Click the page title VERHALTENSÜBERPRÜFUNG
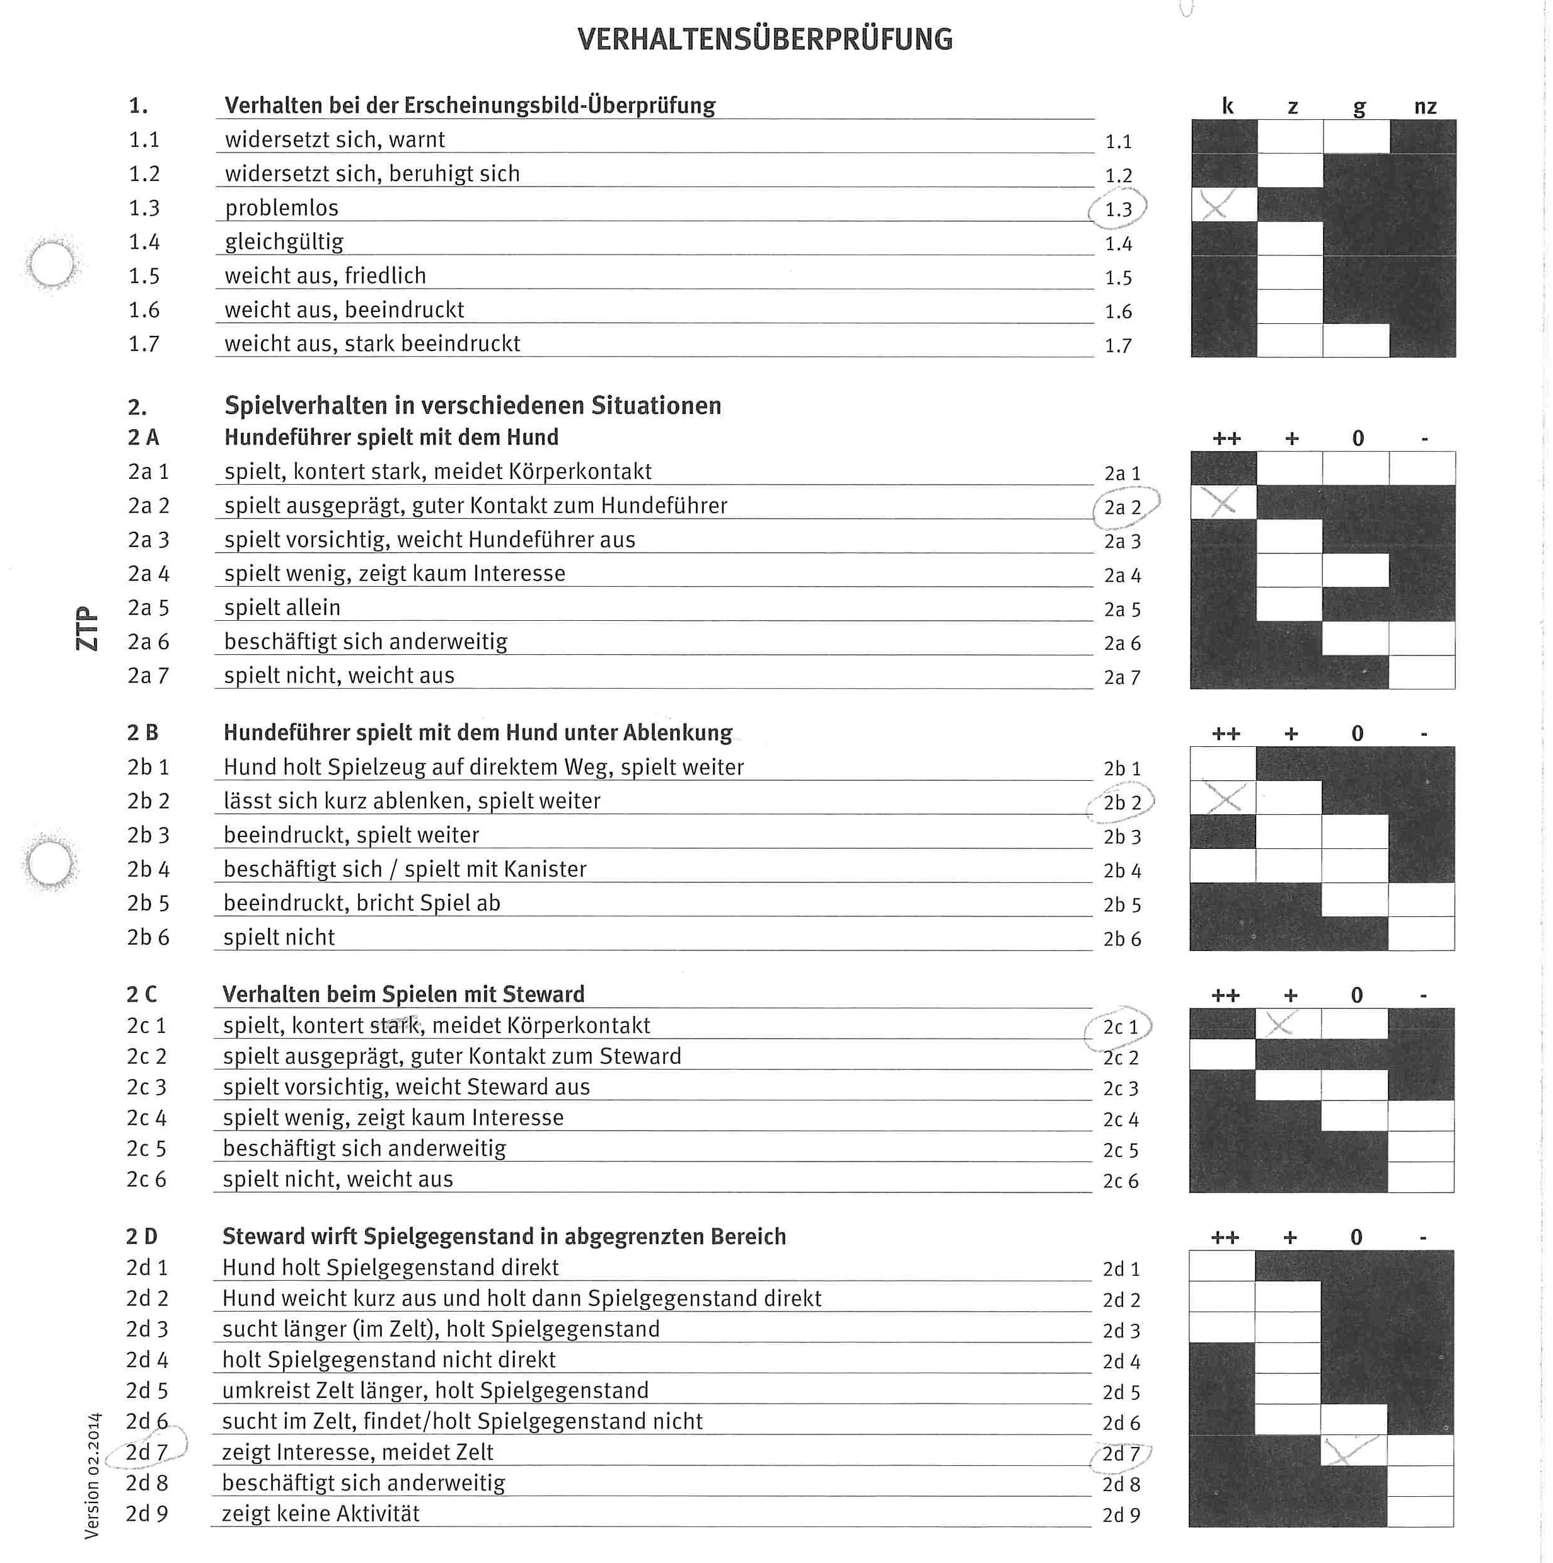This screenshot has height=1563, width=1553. [765, 40]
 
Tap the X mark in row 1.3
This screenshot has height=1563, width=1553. [1215, 205]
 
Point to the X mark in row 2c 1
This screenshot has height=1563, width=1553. [1279, 1025]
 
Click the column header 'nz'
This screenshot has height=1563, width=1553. [1425, 107]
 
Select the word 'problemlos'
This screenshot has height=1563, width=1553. [282, 208]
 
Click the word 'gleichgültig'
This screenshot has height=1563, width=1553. [284, 242]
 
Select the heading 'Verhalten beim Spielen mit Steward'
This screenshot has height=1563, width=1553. [403, 995]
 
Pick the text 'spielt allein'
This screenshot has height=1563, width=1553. [282, 608]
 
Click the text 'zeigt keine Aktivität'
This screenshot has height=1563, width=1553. [320, 1514]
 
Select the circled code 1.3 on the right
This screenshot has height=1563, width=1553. [1119, 209]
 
